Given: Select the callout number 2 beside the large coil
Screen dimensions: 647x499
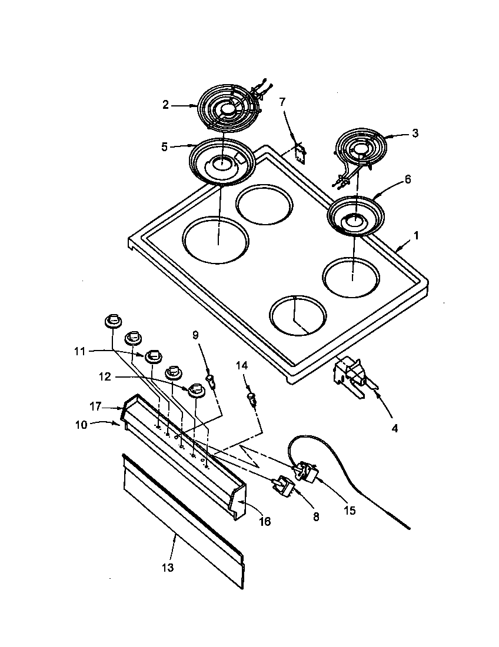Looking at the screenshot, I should click(x=166, y=105).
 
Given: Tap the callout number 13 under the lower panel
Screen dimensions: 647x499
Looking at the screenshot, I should click(x=168, y=568).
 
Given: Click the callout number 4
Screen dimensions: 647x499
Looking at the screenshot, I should click(x=394, y=429).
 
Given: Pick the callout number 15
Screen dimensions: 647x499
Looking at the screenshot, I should click(x=350, y=510).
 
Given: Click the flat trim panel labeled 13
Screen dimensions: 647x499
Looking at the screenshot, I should click(x=182, y=518).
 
